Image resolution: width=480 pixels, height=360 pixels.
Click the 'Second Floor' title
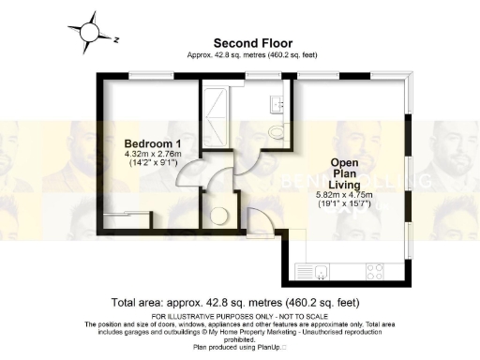coord(253,43)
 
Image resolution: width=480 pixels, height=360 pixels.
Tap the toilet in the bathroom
coord(276,130)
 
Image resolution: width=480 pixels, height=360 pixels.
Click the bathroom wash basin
coord(277,101)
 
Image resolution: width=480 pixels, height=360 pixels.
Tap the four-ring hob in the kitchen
coord(373,273)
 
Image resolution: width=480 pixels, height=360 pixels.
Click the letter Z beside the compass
coord(115,40)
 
